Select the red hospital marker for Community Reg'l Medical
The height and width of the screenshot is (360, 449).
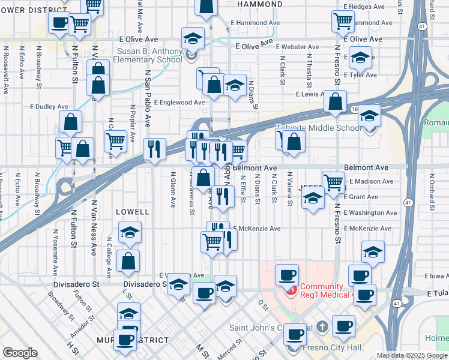pos(292,290)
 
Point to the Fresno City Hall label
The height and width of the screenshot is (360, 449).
pos(334,347)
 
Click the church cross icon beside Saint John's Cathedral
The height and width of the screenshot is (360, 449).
pos(322,328)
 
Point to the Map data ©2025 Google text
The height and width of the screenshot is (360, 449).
pos(412,355)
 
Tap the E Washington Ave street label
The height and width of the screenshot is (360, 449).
pos(370,212)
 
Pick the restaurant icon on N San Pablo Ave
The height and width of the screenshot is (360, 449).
pos(154,149)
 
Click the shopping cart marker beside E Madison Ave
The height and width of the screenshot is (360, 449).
pos(333,181)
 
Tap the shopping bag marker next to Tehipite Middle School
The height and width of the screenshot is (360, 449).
pos(294,142)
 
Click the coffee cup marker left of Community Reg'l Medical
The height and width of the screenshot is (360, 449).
pos(287,275)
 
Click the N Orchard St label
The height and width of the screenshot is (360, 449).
pos(432,191)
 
